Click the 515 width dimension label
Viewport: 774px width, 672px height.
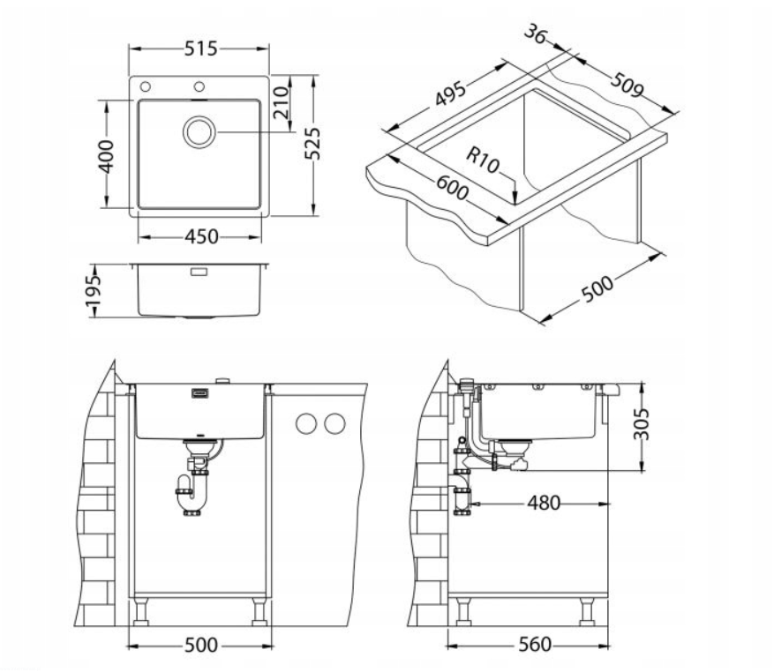(200, 49)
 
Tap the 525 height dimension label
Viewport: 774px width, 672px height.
(312, 144)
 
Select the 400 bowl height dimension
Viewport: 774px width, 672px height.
(106, 156)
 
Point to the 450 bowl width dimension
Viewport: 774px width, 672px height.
(201, 237)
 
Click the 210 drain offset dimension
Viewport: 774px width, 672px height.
(281, 102)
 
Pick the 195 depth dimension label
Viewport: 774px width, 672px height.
(93, 289)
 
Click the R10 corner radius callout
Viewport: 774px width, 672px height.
(483, 160)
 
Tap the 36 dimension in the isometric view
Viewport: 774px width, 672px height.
(536, 34)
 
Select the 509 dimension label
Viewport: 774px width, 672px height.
(627, 85)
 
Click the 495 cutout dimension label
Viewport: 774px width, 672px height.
(450, 93)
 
